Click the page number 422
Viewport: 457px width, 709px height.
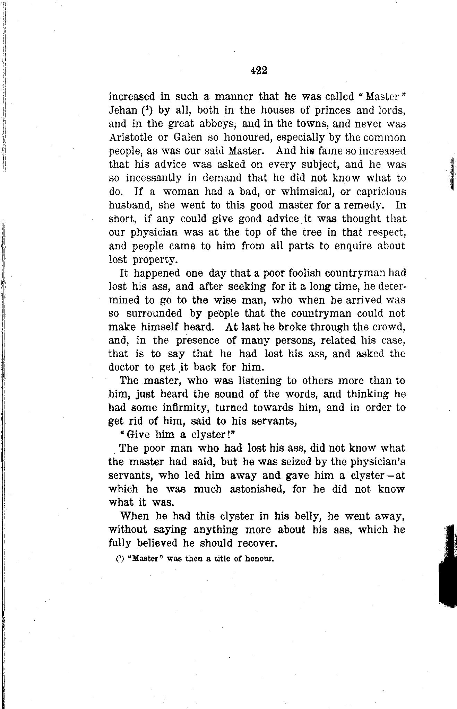point(258,71)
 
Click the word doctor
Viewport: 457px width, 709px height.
point(124,367)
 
